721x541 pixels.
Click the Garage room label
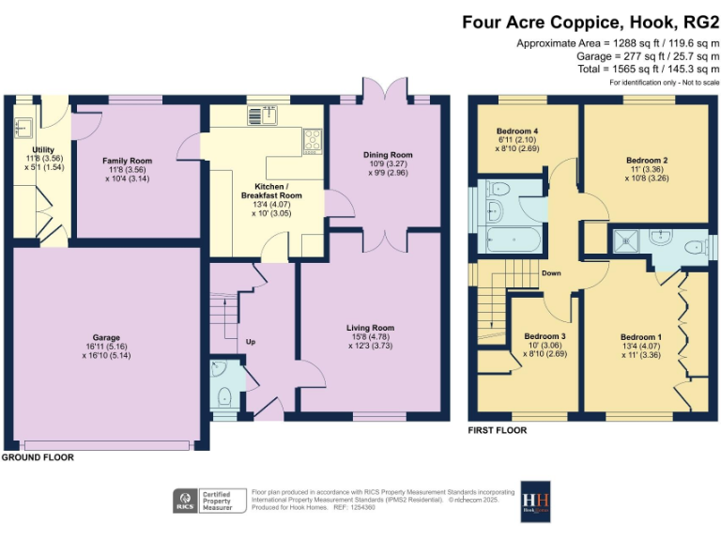pos(106,337)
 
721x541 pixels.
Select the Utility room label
pos(42,150)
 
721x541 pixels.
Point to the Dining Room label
pos(388,155)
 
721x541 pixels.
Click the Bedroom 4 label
pos(516,131)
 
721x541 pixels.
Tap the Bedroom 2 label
pos(647,161)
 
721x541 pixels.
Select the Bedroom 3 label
pos(545,336)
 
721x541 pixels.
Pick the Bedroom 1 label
pos(640,337)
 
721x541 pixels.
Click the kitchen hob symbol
pos(312,141)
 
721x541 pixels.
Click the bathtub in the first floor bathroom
pos(511,238)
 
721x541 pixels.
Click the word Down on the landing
pos(551,273)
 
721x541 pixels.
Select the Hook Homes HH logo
pos(535,501)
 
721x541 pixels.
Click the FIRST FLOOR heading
pos(498,430)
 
